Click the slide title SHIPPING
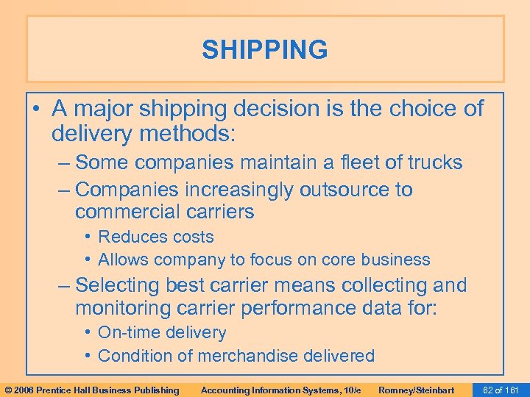[x=265, y=50]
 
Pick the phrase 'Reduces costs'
[x=155, y=237]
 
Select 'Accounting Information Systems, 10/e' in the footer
[x=280, y=390]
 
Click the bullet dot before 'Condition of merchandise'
[x=88, y=356]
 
